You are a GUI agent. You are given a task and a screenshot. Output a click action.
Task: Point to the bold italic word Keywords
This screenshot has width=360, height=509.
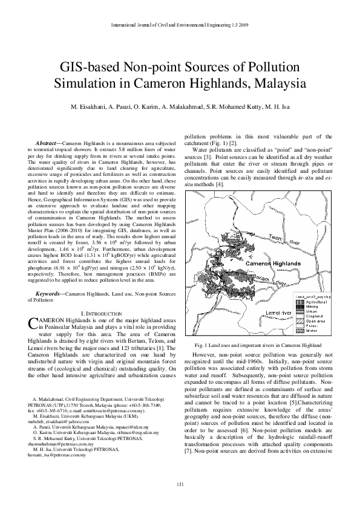pos(50,293)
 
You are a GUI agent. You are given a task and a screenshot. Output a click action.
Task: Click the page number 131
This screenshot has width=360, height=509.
pos(180,485)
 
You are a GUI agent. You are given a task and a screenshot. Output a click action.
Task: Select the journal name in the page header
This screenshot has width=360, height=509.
pos(180,25)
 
